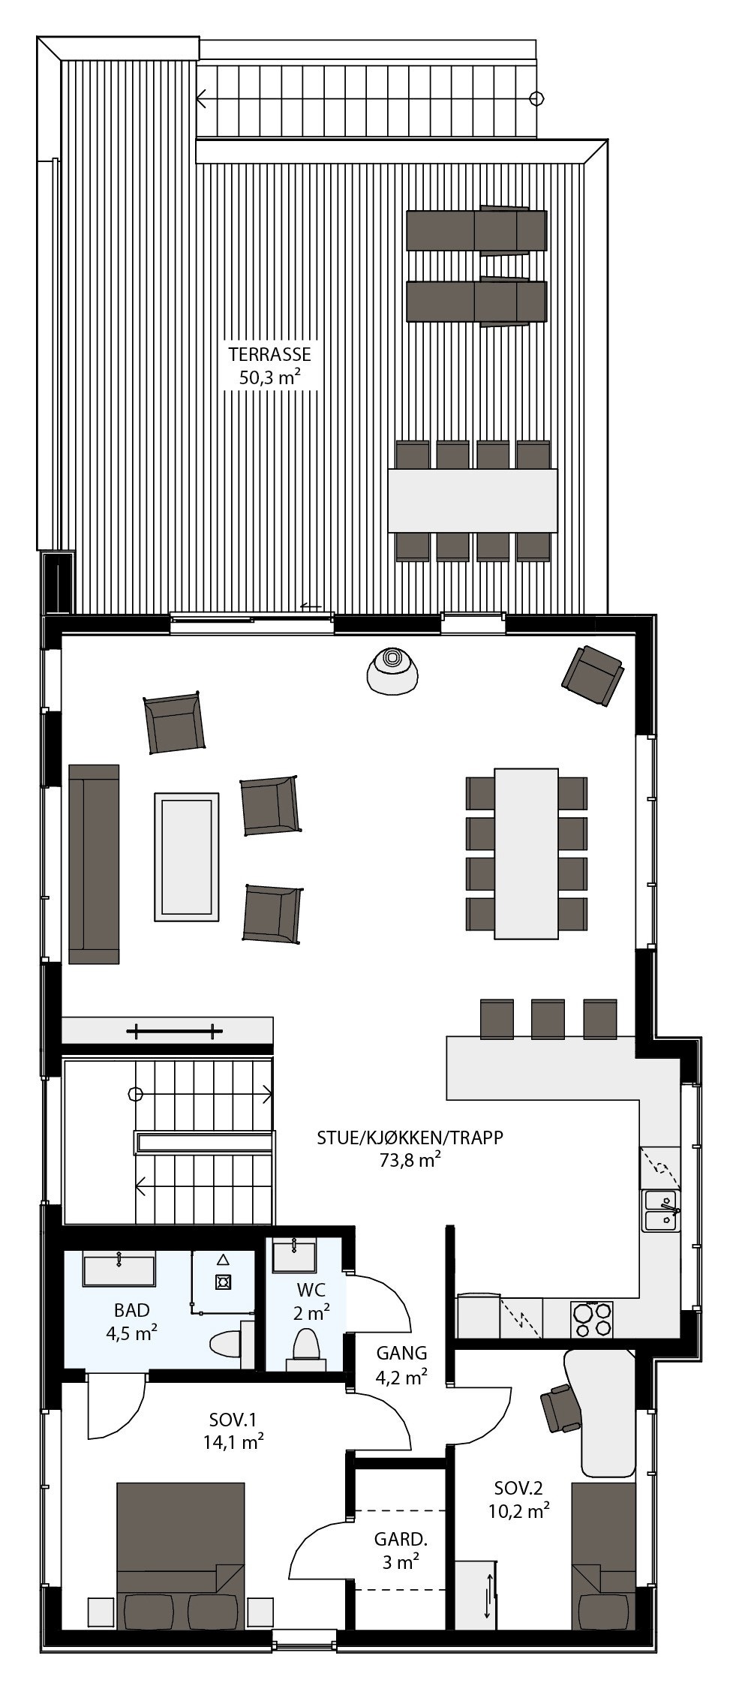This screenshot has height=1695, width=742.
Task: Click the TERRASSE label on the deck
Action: [x=269, y=354]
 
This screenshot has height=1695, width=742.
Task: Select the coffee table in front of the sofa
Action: [x=187, y=855]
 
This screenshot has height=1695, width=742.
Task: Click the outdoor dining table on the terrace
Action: [x=473, y=500]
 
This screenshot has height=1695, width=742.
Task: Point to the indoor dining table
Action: [x=526, y=853]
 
